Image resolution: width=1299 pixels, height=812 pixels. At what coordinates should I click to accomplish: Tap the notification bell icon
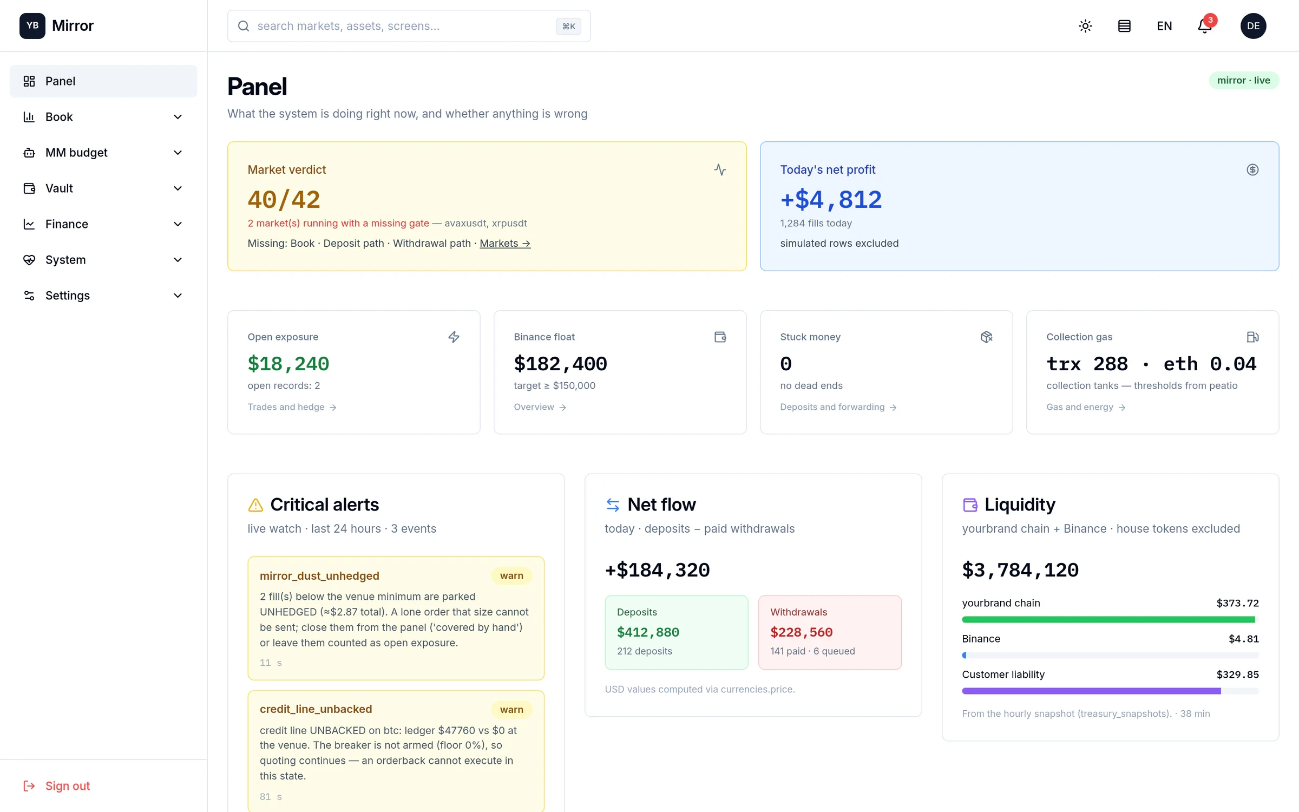point(1204,26)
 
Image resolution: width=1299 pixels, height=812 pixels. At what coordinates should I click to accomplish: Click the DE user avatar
point(1253,26)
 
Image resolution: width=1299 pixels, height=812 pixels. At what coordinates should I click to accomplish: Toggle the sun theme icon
point(1085,26)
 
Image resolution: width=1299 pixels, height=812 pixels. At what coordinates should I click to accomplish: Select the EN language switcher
point(1164,26)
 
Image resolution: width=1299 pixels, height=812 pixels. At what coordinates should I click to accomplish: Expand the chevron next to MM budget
point(178,153)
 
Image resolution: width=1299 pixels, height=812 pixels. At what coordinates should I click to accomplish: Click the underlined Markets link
point(505,244)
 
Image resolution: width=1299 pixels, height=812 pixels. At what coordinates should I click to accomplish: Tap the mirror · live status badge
point(1243,80)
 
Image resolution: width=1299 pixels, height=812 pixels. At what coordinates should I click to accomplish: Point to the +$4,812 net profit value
point(831,199)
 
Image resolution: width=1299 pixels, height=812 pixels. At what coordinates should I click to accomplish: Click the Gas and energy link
point(1086,407)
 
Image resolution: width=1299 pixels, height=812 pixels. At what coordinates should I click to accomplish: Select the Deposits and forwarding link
point(838,407)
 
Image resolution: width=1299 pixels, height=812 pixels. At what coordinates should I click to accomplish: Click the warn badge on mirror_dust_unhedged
point(511,576)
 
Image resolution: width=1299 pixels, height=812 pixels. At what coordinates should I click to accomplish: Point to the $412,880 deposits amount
point(648,632)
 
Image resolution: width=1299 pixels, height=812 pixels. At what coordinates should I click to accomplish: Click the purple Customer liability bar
point(1091,691)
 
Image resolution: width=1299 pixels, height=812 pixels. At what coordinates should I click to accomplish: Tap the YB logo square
point(32,25)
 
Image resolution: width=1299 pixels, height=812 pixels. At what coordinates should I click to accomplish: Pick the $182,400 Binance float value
point(560,364)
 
